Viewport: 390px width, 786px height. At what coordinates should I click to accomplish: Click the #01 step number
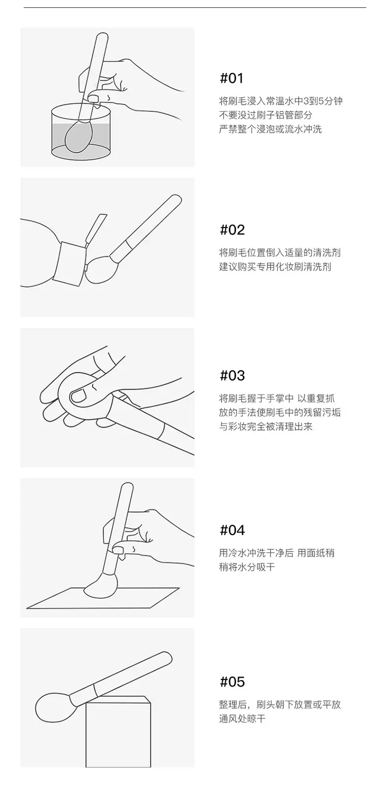232,78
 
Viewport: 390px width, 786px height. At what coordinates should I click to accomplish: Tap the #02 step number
232,230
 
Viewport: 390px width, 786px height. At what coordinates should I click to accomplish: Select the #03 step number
232,375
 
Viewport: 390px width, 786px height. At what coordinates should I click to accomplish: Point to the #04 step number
232,530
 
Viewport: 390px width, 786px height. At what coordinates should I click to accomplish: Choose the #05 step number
232,681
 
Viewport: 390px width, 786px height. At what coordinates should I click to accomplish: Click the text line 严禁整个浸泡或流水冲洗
270,129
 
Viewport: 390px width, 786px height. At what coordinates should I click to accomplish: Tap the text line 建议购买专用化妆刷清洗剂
275,267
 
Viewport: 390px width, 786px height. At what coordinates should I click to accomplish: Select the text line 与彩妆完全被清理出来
266,427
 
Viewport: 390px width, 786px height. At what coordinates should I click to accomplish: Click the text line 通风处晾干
242,718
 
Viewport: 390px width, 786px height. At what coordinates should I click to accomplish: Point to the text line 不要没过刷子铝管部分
266,115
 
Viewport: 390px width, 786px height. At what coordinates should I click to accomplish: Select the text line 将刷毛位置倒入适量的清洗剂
280,252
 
